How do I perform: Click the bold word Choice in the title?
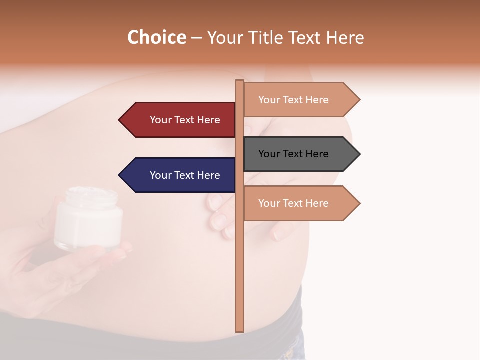[156, 37]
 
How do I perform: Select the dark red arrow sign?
[180, 120]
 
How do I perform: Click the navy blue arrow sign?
[180, 175]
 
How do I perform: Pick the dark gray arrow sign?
[300, 154]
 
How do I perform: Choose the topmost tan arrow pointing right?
[300, 100]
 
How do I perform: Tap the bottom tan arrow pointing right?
[300, 203]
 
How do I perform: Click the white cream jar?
[88, 220]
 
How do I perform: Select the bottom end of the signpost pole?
[239, 329]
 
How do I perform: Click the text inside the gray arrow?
[293, 154]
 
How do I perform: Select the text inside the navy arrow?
[185, 175]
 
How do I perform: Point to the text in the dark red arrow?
[185, 120]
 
